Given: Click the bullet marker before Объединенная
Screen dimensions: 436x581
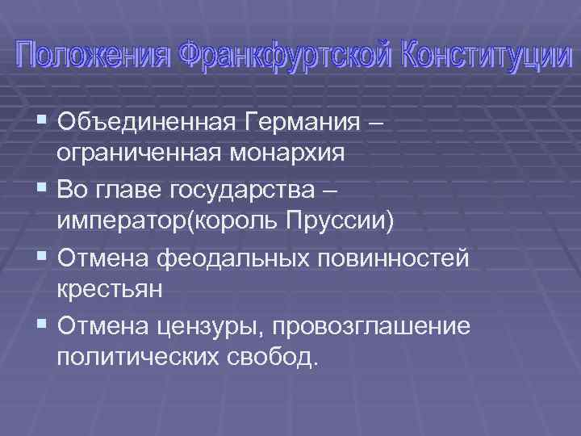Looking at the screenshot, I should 42,123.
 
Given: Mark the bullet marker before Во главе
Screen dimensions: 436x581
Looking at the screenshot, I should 42,190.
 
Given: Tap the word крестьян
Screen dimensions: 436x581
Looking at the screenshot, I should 111,288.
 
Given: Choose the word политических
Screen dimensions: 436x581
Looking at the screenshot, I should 138,356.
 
